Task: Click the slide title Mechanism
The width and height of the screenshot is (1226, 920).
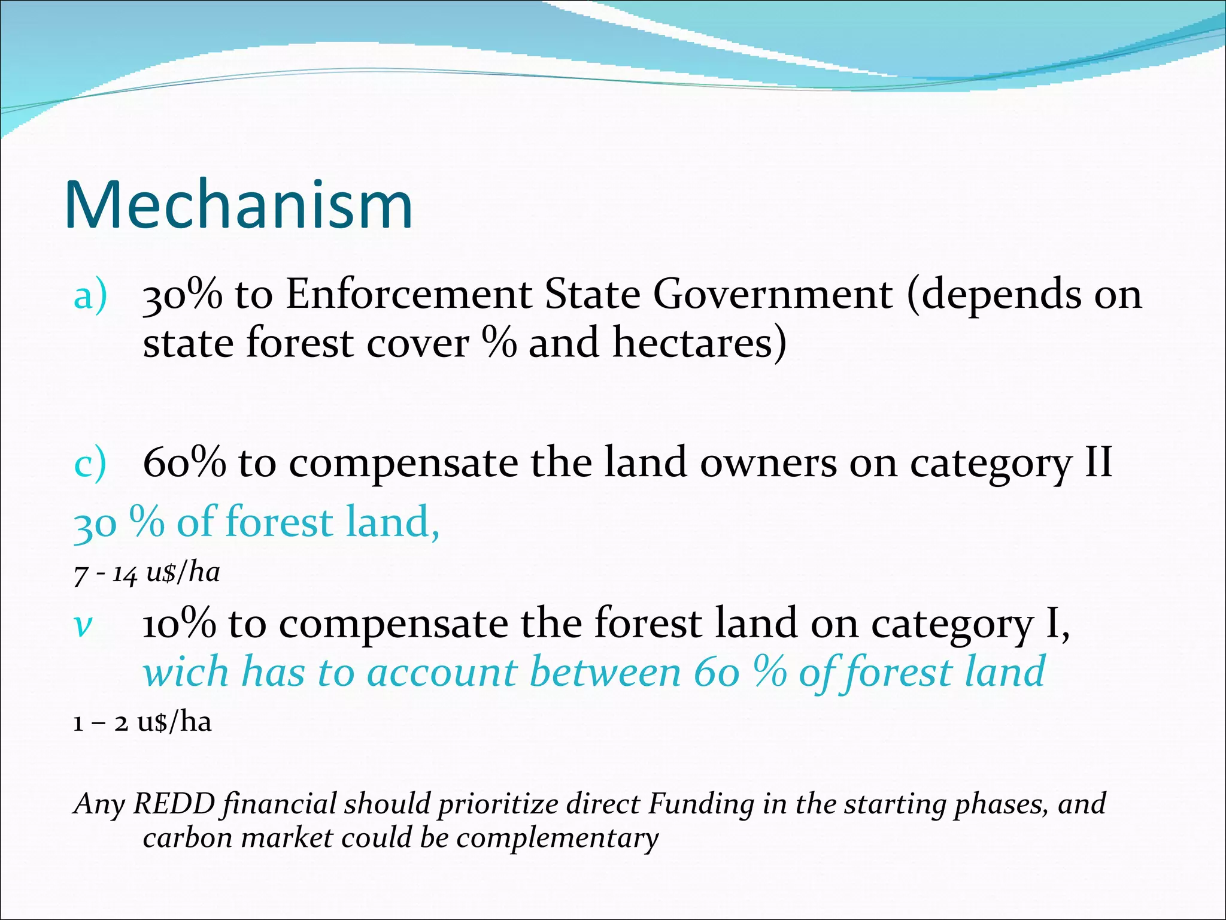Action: pyautogui.click(x=238, y=205)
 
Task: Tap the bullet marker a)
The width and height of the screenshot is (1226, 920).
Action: pyautogui.click(x=90, y=296)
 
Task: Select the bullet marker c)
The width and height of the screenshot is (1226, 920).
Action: pyautogui.click(x=90, y=464)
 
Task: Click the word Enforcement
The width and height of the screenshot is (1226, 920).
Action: pyautogui.click(x=409, y=295)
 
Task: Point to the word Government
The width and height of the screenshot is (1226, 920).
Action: pyautogui.click(x=773, y=295)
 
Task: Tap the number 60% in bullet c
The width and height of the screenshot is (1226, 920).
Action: pyautogui.click(x=184, y=463)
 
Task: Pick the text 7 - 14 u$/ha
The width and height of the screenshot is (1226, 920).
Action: pyautogui.click(x=147, y=573)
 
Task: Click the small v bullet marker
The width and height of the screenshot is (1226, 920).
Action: pyautogui.click(x=83, y=626)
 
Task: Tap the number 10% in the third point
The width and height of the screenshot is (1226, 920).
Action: pyautogui.click(x=179, y=624)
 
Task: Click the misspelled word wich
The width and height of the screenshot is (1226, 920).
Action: pyautogui.click(x=186, y=672)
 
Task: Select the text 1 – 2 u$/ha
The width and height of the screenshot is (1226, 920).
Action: pyautogui.click(x=142, y=722)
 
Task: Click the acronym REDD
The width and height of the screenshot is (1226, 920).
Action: pyautogui.click(x=174, y=804)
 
